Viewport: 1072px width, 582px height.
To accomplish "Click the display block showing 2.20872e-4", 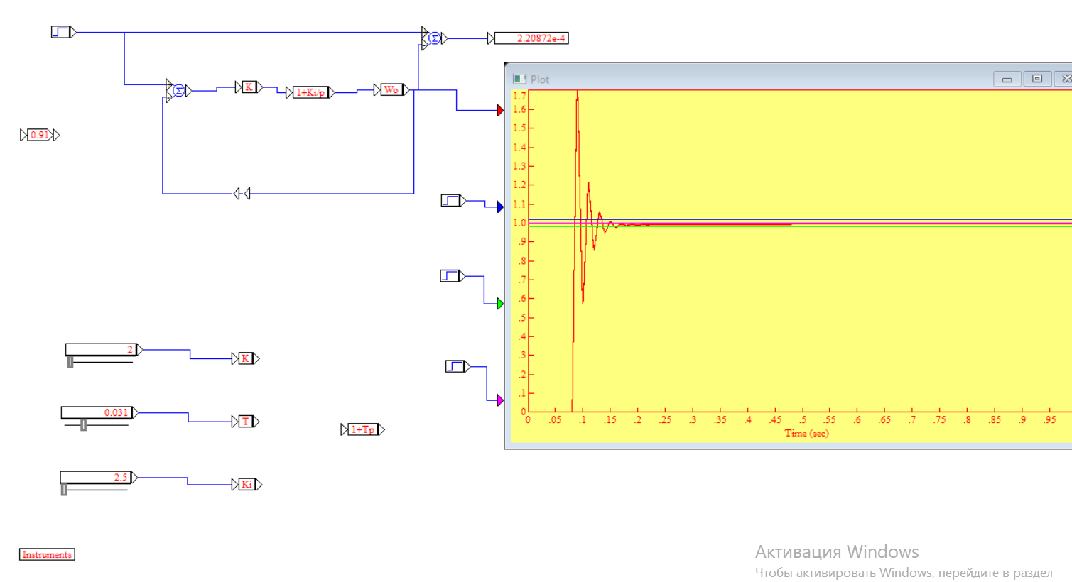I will [531, 38].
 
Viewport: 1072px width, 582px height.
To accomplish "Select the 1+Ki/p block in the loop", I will [310, 92].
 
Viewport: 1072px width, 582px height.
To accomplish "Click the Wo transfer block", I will [391, 89].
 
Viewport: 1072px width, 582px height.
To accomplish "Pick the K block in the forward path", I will [249, 87].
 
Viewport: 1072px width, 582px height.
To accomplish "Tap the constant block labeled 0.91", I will [40, 135].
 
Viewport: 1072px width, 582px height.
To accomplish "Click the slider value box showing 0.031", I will [97, 412].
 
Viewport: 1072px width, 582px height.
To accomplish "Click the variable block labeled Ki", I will [247, 484].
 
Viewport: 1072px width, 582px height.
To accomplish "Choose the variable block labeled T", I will [246, 422].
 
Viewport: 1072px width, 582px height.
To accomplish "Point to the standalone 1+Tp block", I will [362, 429].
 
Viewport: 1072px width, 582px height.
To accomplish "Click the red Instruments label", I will [47, 554].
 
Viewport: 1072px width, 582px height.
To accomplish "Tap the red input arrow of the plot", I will [500, 110].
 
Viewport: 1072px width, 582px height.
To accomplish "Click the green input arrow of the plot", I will [500, 304].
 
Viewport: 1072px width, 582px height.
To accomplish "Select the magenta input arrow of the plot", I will [500, 400].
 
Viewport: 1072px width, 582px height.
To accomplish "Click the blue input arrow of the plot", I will [500, 207].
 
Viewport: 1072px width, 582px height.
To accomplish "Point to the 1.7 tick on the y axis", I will [519, 96].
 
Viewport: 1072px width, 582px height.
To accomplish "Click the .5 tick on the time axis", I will [803, 419].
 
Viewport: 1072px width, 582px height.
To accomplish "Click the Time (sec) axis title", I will [806, 433].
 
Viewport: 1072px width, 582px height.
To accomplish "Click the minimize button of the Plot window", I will [1007, 79].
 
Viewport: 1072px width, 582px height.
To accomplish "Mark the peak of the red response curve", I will [577, 92].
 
